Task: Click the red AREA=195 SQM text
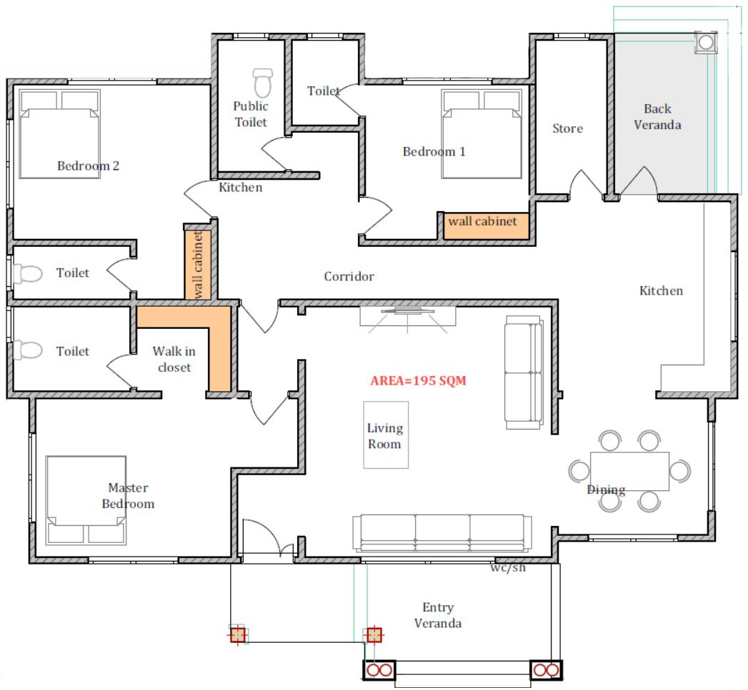click(419, 381)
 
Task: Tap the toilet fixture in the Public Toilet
click(262, 83)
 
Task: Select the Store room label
click(568, 128)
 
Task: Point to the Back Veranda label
click(657, 117)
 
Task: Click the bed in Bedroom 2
click(59, 134)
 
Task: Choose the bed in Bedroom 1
click(482, 134)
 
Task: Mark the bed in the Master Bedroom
click(86, 500)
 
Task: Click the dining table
click(629, 471)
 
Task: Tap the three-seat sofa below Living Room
click(442, 533)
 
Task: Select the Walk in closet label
click(174, 360)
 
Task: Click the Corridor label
click(349, 276)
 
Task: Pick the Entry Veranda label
click(438, 615)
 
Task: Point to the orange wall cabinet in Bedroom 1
click(486, 226)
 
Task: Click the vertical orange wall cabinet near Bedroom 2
click(198, 265)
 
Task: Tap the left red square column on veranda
click(238, 635)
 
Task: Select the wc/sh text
click(508, 567)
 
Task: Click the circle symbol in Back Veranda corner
click(706, 43)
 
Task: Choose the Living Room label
click(385, 436)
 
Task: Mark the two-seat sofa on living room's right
click(524, 372)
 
